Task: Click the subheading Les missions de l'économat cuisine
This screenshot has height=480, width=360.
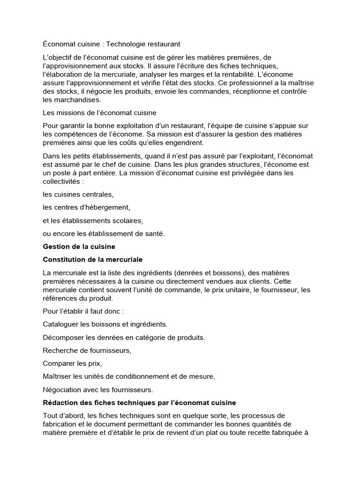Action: tap(99, 112)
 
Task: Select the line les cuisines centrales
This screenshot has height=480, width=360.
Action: tap(78, 194)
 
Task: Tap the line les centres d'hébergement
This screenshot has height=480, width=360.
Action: tap(86, 207)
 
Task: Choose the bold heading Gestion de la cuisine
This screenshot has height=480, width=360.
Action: tap(79, 247)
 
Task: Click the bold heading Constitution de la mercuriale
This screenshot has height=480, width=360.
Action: tap(93, 259)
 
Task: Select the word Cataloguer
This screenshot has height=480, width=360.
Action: tap(61, 324)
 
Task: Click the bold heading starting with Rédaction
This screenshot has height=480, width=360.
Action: tap(139, 403)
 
